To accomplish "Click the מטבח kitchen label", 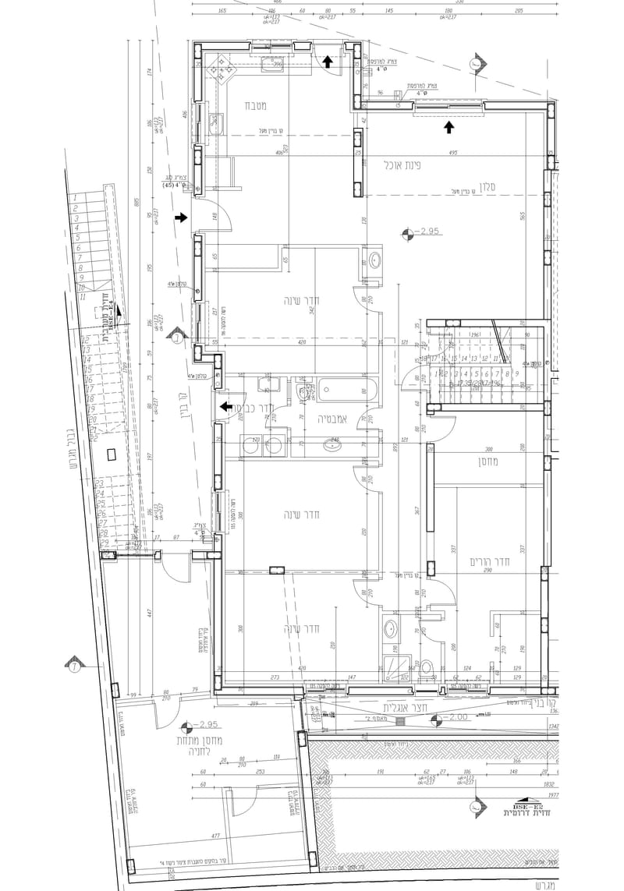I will (x=257, y=105).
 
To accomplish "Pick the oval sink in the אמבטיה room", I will (x=334, y=446).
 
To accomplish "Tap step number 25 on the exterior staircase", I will (x=100, y=504).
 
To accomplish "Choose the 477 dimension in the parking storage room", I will (x=216, y=836).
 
